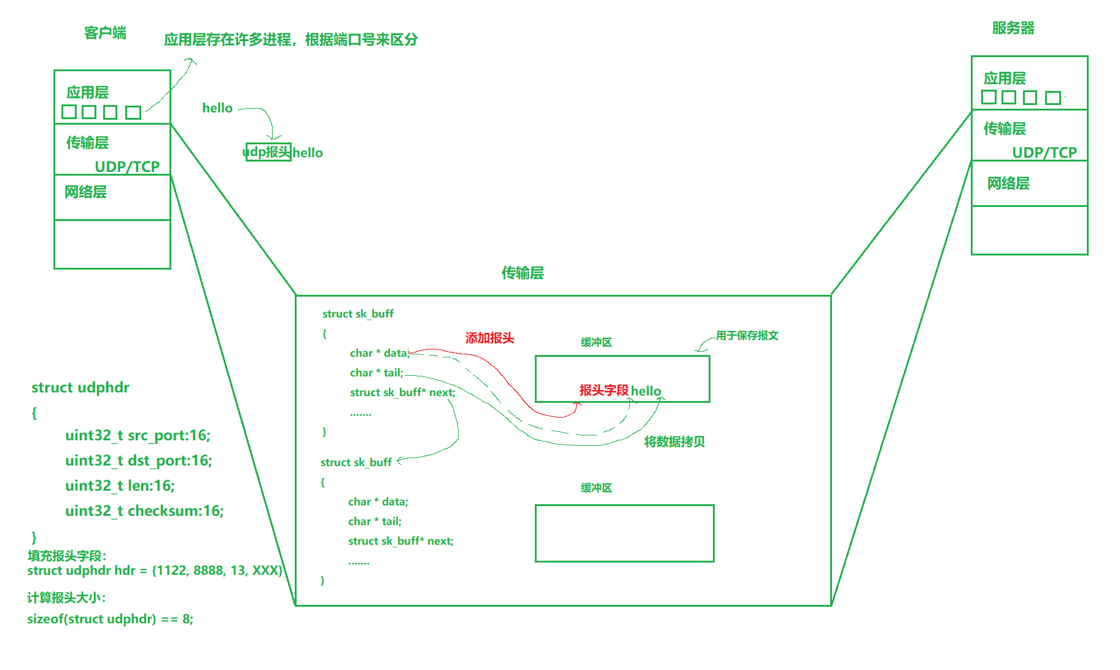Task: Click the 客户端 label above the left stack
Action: [x=105, y=33]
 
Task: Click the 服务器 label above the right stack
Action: [x=1013, y=28]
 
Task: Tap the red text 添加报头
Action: [x=489, y=338]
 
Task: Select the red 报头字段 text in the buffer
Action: [x=604, y=391]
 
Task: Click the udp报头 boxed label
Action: [x=268, y=152]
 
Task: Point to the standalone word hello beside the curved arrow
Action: [x=217, y=108]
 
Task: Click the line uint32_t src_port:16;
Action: [x=138, y=435]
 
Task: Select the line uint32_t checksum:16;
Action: [x=144, y=511]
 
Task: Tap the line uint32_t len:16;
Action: [x=120, y=486]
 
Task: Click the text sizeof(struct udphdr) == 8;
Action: [x=110, y=619]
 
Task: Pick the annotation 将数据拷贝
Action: [x=674, y=442]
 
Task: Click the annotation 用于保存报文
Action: [x=747, y=335]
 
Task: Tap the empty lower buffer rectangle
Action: [x=624, y=533]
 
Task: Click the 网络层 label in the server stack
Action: [x=1008, y=184]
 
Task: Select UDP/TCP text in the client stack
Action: [x=127, y=166]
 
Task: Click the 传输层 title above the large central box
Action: [x=523, y=273]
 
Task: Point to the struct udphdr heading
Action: [x=80, y=388]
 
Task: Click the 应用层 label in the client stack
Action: [x=87, y=93]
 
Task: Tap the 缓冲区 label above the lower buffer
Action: [x=596, y=488]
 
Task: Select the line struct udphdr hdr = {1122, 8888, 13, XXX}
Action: [x=155, y=571]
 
